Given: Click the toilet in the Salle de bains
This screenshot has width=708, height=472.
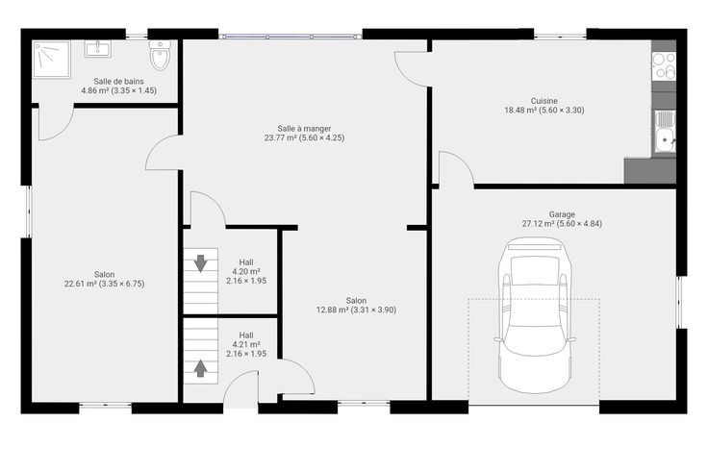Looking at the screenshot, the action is coord(160,55).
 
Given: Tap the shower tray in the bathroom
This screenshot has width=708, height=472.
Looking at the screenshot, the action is coord(52,60).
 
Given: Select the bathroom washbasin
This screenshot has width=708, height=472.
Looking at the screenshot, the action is coord(97,49).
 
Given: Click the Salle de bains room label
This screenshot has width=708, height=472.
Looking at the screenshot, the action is coord(118,81).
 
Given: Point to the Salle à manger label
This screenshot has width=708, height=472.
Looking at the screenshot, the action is coord(304,129).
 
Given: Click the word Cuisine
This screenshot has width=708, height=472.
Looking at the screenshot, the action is coord(544,101).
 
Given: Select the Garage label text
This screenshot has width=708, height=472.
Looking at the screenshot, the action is coord(562,214).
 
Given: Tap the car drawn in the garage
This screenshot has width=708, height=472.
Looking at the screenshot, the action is coord(535,315).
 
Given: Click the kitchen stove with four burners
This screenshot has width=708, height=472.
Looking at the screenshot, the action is coord(664,65).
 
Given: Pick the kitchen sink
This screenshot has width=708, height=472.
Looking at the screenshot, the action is coord(664,132).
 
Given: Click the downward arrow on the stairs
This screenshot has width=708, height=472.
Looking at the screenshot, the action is coord(200,263).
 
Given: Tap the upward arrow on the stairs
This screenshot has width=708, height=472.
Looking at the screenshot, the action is coord(200,368).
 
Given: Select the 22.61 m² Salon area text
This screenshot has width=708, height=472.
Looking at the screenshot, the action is coord(104,284).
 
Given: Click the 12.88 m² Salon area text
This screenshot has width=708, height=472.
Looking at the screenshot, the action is coord(356,310).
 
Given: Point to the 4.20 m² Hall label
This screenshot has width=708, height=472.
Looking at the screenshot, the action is coord(246,271).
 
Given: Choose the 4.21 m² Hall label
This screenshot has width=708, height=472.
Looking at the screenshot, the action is coord(246,344).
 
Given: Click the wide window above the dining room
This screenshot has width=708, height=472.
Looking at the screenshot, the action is coord(291,37).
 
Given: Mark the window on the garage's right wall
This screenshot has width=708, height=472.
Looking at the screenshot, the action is coord(680,302).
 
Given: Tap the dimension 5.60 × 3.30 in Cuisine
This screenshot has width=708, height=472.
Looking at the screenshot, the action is coord(560,111).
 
